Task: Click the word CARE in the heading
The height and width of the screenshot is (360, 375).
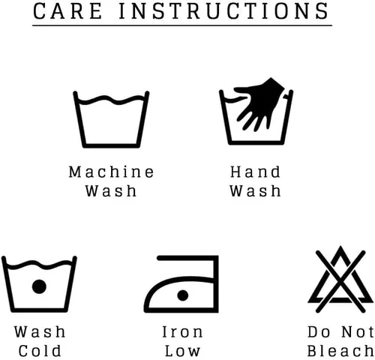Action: click(x=67, y=11)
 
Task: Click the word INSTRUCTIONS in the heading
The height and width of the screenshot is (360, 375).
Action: click(x=223, y=11)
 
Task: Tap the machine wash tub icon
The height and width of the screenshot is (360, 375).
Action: click(x=111, y=119)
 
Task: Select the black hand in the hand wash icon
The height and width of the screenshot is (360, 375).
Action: click(x=259, y=103)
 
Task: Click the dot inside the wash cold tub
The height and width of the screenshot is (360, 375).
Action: click(x=39, y=286)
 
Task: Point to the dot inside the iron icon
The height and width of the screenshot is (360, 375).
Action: click(x=183, y=295)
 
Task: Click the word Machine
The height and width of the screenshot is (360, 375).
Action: click(x=111, y=172)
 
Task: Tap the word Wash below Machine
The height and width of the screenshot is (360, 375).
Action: click(x=111, y=190)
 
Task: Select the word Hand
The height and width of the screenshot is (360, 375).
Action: click(x=255, y=172)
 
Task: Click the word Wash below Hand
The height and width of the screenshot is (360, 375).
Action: click(x=255, y=190)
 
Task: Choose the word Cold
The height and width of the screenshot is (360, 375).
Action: click(x=40, y=350)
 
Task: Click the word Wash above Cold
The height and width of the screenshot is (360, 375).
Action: click(x=40, y=331)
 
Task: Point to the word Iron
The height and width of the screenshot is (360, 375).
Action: click(x=182, y=331)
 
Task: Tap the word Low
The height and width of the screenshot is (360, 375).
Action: click(x=182, y=350)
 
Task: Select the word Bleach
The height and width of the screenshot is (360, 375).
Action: click(x=340, y=350)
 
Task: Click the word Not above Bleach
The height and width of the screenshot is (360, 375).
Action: click(x=358, y=331)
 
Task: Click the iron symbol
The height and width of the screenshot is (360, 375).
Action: click(x=181, y=284)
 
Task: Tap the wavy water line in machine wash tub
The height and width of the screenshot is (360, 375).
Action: click(x=111, y=100)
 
